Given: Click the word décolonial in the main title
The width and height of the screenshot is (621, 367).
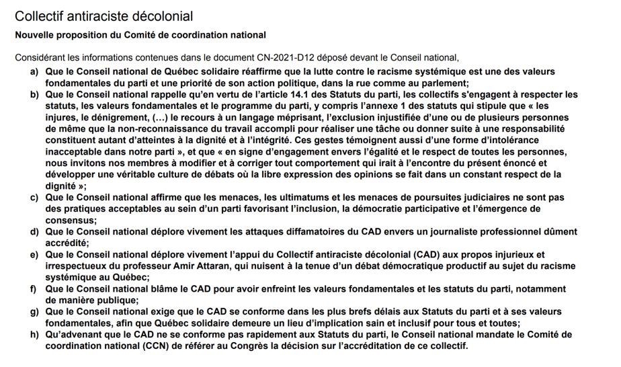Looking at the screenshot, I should pyautogui.click(x=162, y=15).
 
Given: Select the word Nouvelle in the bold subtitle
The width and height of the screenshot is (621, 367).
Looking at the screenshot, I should pyautogui.click(x=36, y=35).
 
